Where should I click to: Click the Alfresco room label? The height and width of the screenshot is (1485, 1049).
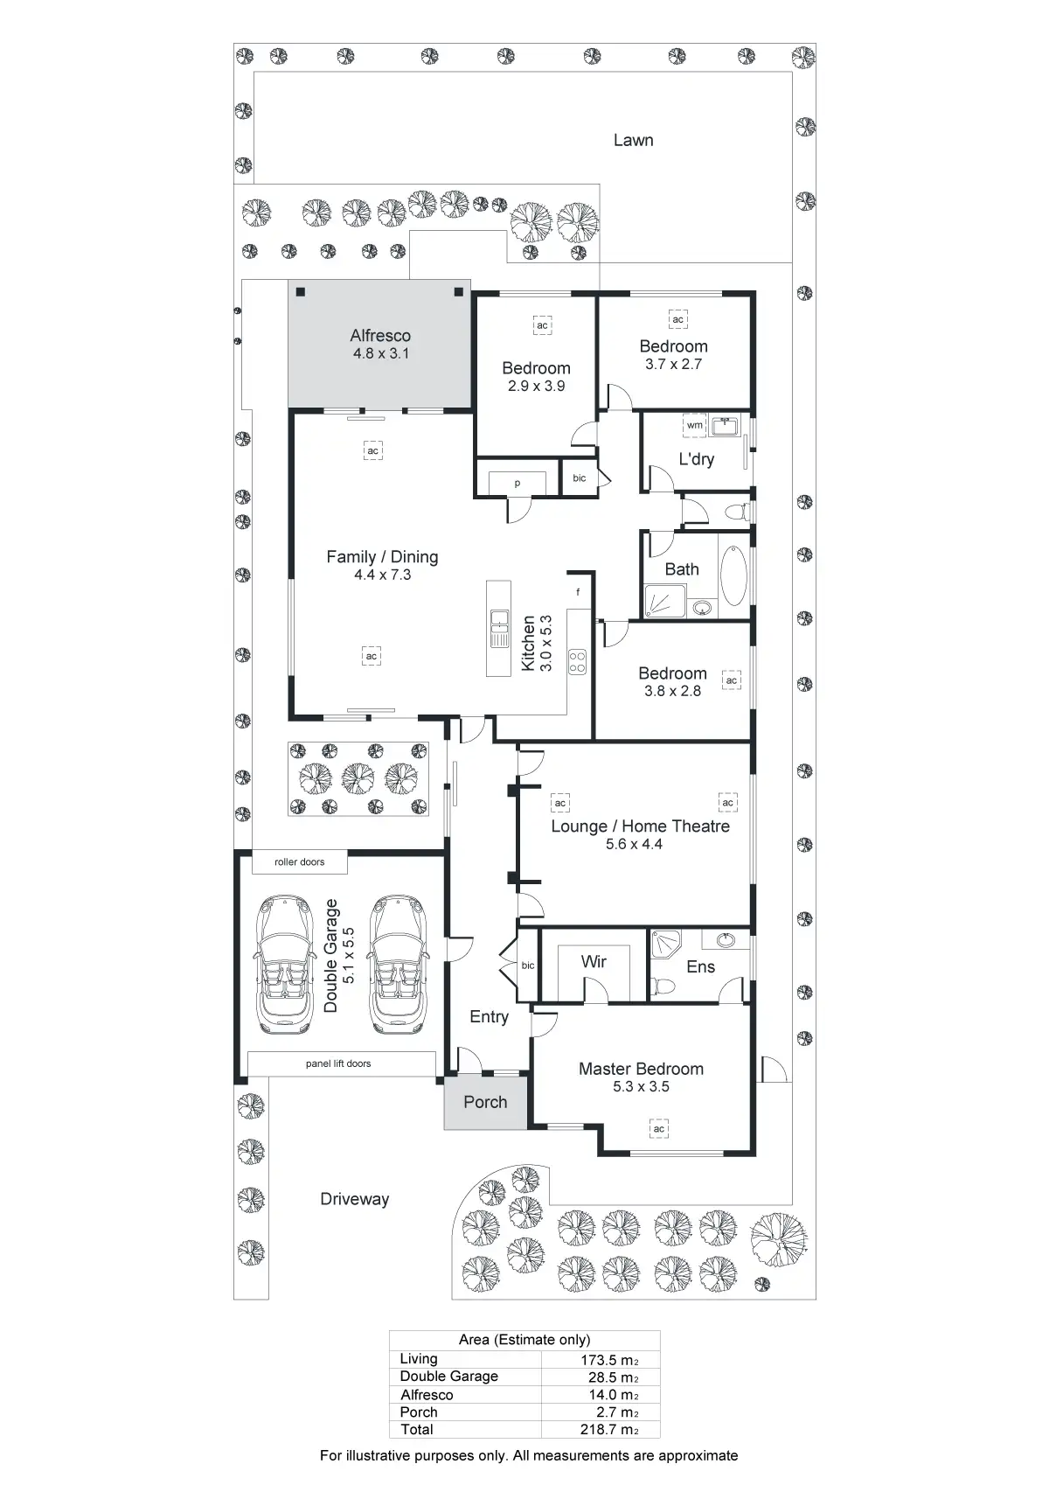[380, 336]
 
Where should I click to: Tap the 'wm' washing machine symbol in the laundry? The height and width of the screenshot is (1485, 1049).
[694, 425]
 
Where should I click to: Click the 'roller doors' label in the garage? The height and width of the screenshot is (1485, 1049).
[299, 862]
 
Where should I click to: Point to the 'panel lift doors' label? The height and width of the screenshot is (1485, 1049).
[338, 1063]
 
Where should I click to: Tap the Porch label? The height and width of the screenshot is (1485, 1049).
[485, 1102]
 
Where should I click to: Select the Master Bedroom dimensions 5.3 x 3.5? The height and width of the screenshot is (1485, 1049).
[641, 1087]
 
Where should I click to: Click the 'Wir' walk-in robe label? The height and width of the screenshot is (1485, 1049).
[594, 961]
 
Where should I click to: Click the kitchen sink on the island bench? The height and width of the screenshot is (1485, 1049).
[499, 628]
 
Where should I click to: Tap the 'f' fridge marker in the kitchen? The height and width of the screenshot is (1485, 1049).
[578, 592]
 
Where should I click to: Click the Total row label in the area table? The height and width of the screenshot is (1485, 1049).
[417, 1429]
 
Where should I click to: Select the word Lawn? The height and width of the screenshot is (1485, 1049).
[633, 140]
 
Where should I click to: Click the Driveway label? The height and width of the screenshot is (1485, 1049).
[354, 1199]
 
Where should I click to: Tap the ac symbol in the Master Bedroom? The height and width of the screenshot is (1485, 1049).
[659, 1129]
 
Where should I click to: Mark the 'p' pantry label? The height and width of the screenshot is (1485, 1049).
[517, 483]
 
